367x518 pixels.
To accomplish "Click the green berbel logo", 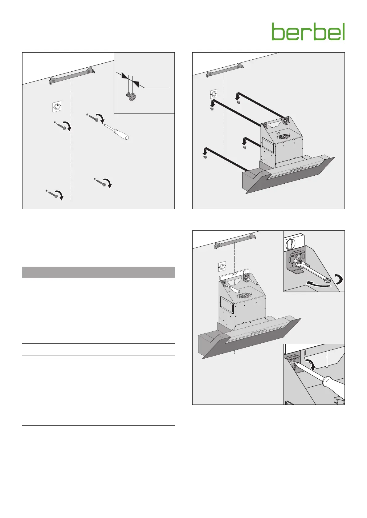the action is (x=308, y=31).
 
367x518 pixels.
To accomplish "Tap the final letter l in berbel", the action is (x=343, y=31).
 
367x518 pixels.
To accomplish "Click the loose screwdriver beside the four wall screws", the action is (x=116, y=132).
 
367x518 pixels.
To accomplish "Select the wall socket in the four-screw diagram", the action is (x=57, y=107).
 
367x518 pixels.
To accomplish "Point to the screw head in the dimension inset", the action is (x=131, y=96).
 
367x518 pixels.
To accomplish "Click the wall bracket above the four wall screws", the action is (x=72, y=76).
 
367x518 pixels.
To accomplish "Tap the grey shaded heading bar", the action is (x=98, y=272).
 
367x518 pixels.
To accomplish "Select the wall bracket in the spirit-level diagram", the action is (x=235, y=241).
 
